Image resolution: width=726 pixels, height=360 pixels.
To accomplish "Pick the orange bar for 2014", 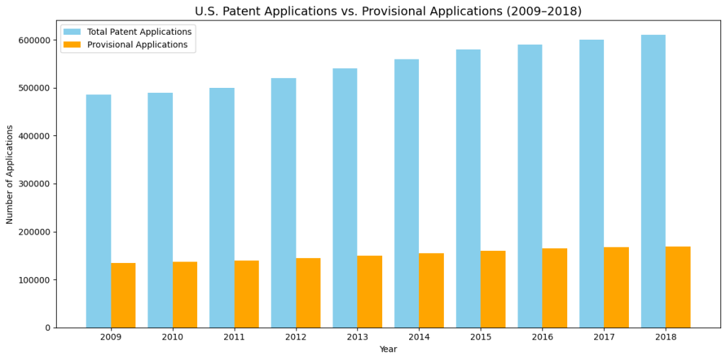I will (x=431, y=290).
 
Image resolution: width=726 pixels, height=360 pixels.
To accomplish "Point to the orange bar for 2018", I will (x=678, y=287).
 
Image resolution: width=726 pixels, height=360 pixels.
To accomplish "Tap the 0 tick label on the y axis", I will (x=48, y=328).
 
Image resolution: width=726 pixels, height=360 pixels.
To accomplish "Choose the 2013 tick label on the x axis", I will (x=357, y=337).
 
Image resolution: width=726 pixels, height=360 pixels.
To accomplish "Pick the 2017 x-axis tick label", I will (x=604, y=337).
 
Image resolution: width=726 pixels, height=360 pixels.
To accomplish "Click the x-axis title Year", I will (x=388, y=349).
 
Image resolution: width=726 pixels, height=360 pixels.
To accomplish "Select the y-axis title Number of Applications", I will (x=10, y=174).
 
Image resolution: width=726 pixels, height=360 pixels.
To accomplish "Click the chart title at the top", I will (x=388, y=11).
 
